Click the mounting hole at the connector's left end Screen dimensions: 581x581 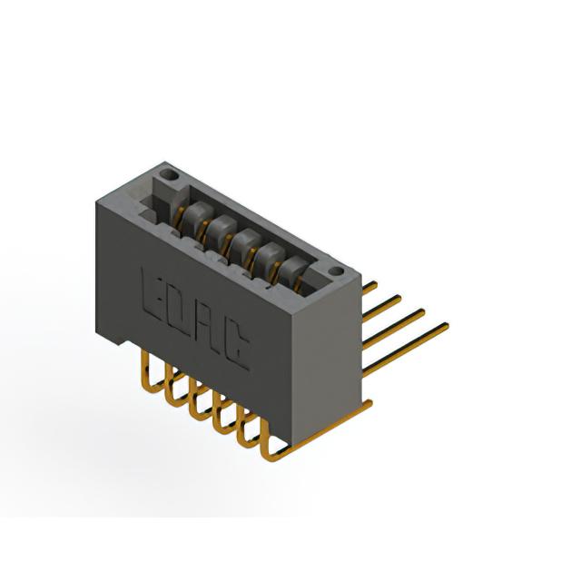[169, 174]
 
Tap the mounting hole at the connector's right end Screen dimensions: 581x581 [337, 271]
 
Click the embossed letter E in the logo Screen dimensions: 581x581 [152, 292]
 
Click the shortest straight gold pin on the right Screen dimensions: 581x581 [369, 288]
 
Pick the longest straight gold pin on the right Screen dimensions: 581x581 [406, 350]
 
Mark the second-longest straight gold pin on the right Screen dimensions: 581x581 [393, 329]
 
